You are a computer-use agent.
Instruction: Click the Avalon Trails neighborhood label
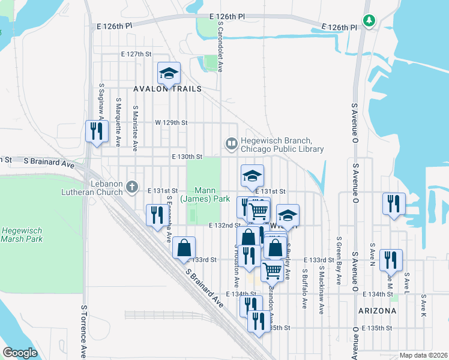pos(167,88)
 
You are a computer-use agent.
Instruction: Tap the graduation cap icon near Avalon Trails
pos(169,74)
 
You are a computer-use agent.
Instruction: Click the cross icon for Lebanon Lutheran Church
pos(133,187)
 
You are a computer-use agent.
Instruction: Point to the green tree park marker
pos(369,22)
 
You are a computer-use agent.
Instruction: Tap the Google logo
pos(20,353)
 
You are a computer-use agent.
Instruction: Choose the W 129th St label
pos(171,122)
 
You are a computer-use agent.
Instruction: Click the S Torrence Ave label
pos(83,329)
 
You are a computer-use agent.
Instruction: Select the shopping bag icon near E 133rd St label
pos(184,248)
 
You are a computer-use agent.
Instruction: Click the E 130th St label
pos(186,157)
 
